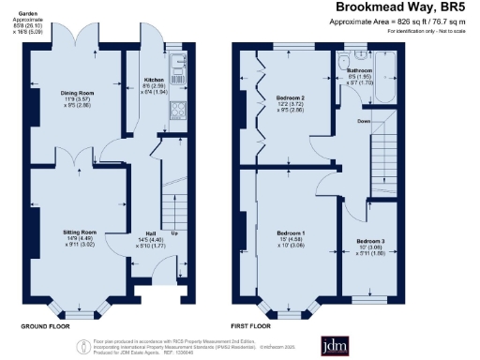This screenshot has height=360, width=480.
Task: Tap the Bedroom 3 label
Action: pos(370,242)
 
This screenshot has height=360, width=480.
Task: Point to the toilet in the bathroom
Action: pos(340,63)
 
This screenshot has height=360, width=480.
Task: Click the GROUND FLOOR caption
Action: pos(47,326)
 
